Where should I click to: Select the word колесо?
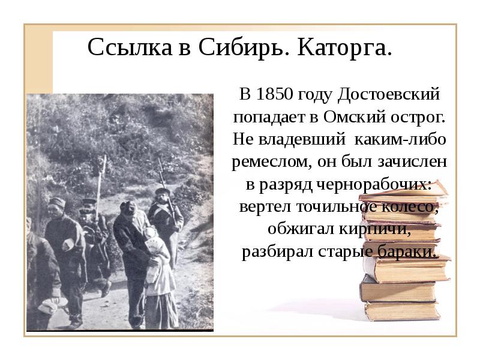pos(412,207)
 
